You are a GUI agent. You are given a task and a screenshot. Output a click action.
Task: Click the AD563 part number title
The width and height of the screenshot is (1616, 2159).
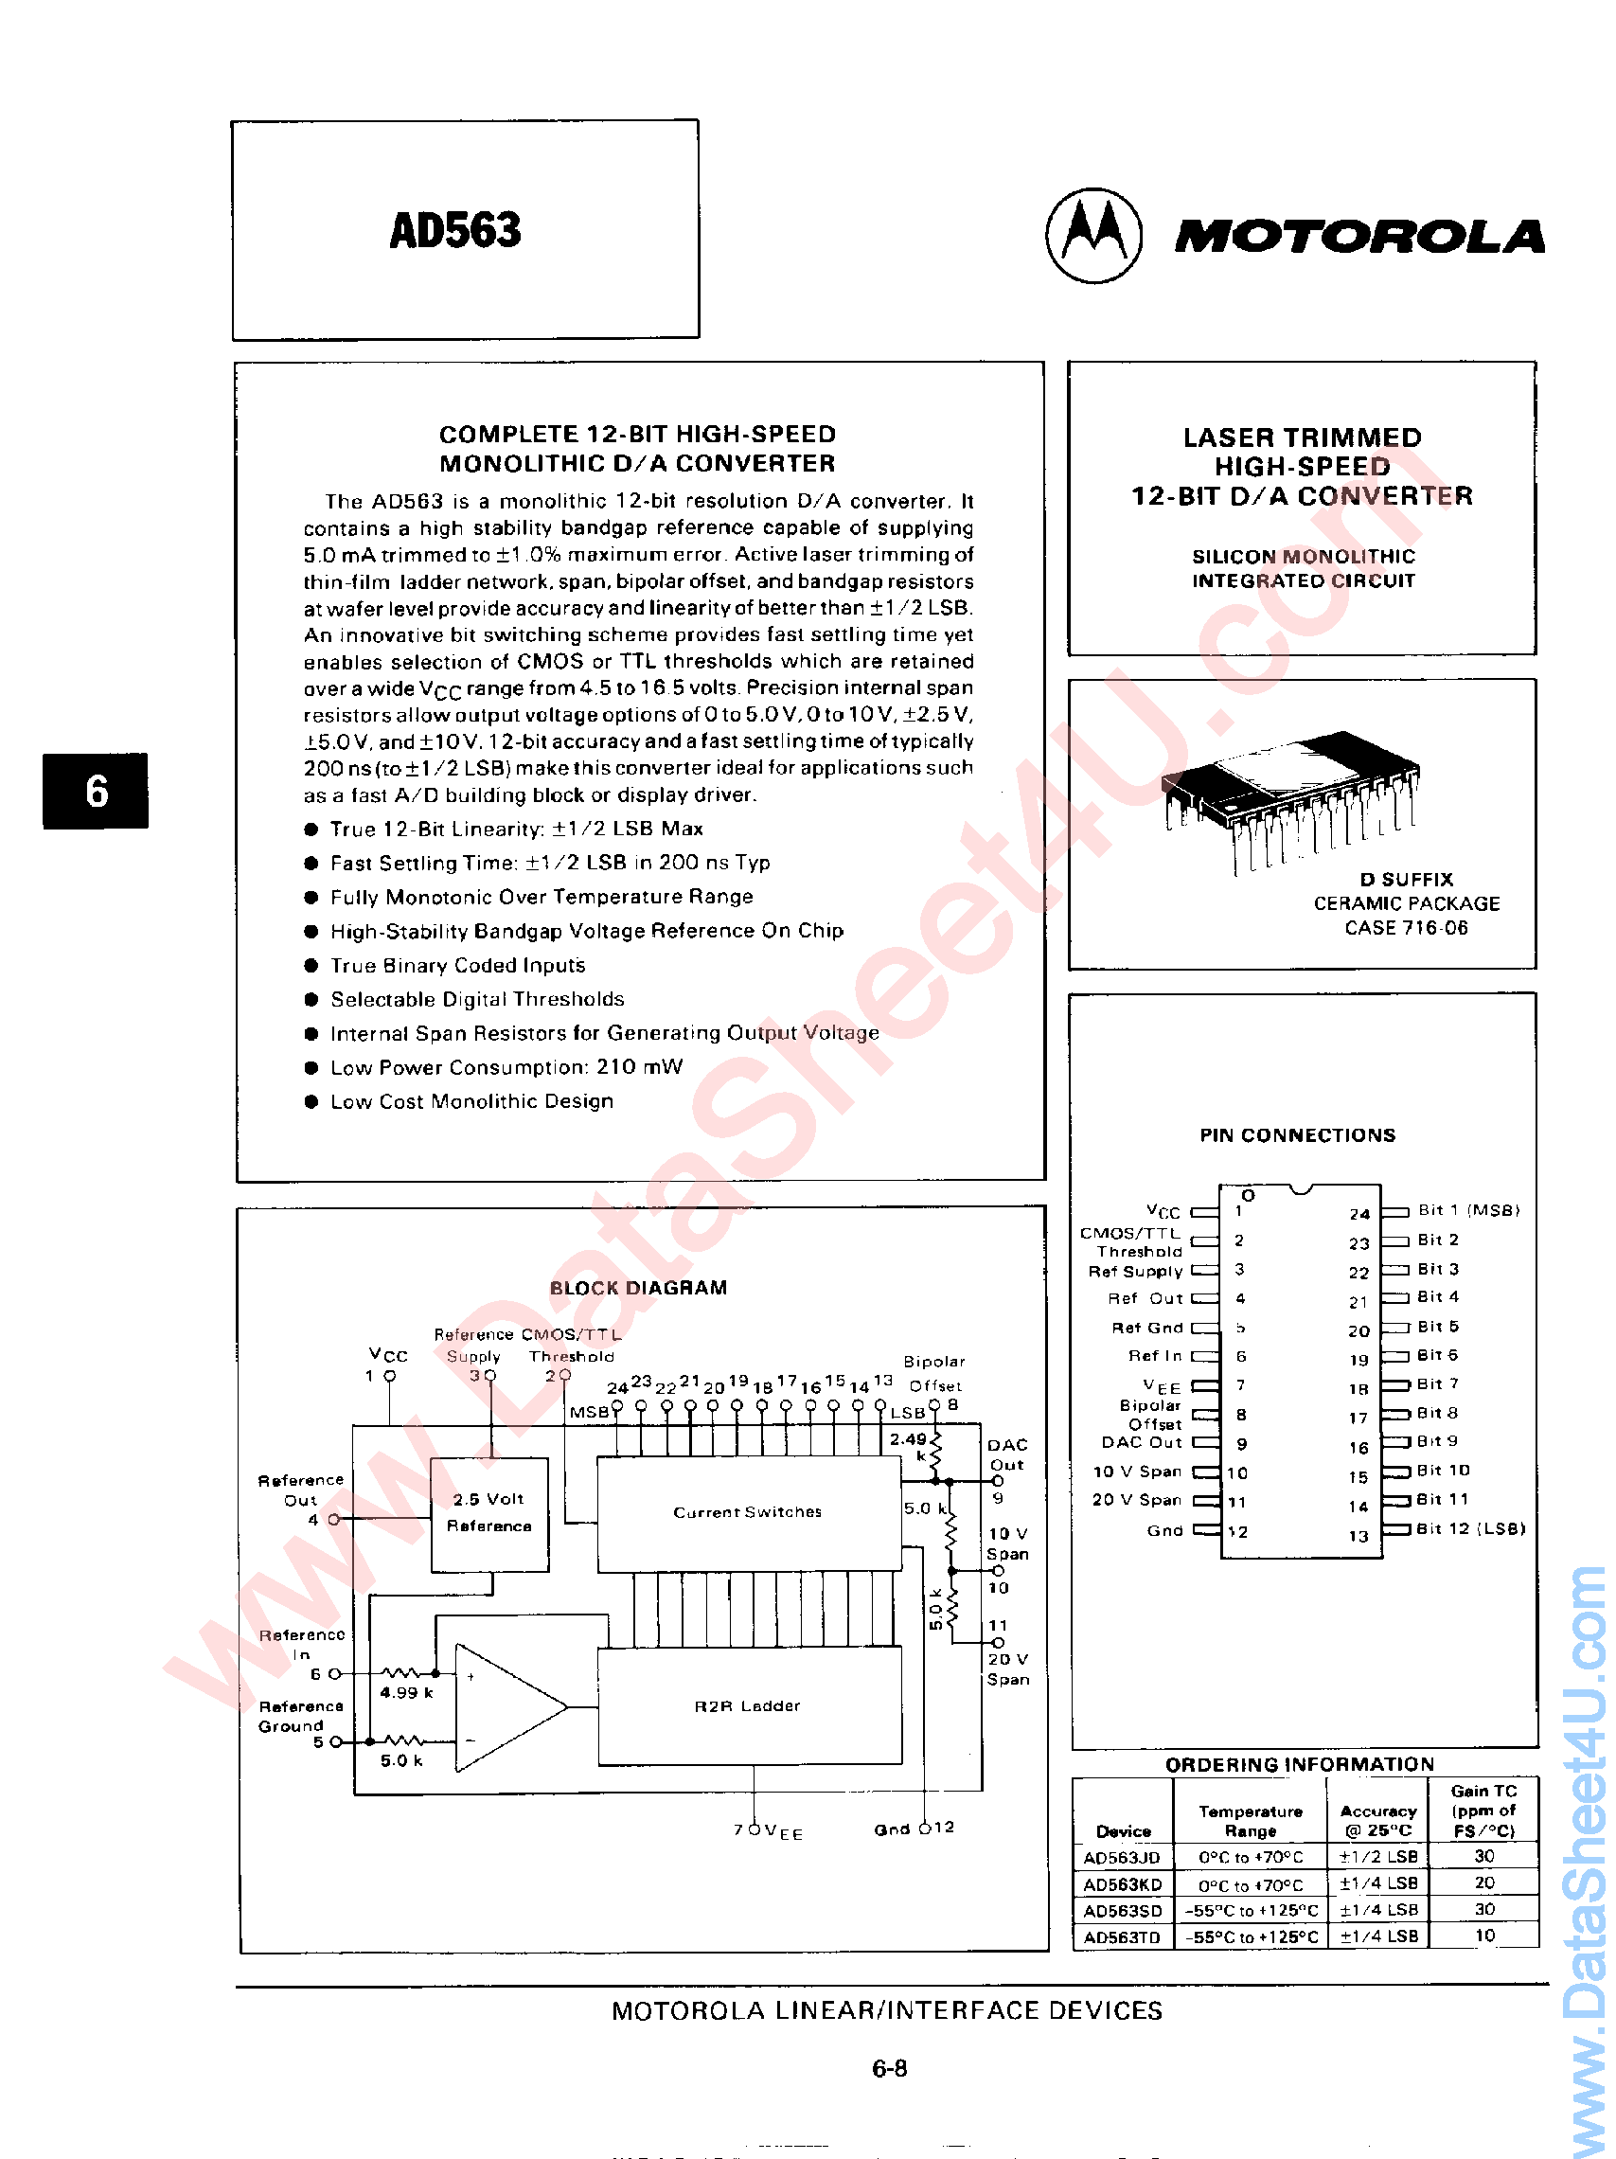click(454, 230)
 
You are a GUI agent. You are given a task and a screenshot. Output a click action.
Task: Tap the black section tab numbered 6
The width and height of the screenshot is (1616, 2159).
click(96, 791)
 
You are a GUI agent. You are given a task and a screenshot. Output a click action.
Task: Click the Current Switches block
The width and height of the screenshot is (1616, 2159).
click(748, 1512)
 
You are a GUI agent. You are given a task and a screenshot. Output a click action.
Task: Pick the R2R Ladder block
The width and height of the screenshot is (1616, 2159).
click(748, 1706)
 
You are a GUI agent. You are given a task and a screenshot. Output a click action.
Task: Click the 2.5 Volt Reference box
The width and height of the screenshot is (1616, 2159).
click(488, 1513)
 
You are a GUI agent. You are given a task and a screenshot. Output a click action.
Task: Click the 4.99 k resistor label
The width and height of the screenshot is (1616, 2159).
click(406, 1692)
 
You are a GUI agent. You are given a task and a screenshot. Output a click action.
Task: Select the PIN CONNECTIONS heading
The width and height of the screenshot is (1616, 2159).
click(1297, 1135)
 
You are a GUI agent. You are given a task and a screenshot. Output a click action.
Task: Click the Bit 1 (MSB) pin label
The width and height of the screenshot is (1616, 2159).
click(1467, 1210)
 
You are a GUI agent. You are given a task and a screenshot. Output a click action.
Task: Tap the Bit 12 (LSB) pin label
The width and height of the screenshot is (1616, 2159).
click(1469, 1528)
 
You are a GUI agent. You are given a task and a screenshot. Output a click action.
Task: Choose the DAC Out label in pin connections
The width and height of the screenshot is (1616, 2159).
click(1141, 1442)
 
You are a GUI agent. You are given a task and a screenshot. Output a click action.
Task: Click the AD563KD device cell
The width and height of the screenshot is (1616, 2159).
click(1122, 1884)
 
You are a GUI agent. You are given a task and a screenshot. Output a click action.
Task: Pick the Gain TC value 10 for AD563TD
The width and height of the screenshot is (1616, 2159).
click(1484, 1936)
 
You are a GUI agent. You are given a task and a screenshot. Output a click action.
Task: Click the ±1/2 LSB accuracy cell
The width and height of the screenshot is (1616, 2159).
click(1377, 1858)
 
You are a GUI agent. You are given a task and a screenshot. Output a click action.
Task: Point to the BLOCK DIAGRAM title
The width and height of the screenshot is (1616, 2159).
click(638, 1289)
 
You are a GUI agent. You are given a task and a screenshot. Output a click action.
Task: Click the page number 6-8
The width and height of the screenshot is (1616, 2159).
click(889, 2068)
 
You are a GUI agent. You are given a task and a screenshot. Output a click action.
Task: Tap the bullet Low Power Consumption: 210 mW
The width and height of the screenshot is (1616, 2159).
click(506, 1068)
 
